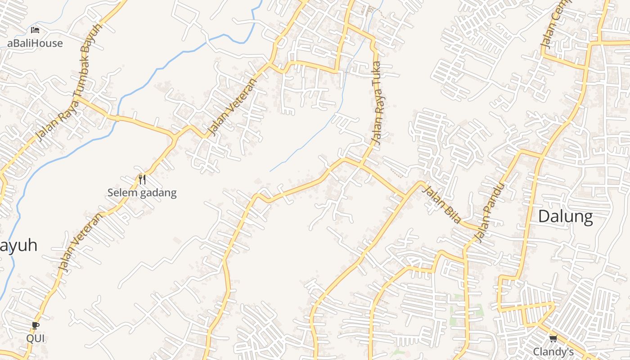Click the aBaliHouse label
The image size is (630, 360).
(x=35, y=43)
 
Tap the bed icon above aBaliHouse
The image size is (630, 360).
(x=35, y=30)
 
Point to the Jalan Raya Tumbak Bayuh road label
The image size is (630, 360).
(x=70, y=81)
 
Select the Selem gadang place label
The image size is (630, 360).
(x=142, y=193)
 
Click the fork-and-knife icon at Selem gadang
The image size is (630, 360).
(x=142, y=180)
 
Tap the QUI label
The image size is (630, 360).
(x=36, y=338)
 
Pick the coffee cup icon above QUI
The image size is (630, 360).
(x=36, y=325)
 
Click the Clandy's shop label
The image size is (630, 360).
(x=553, y=351)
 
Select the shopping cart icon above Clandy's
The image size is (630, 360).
(x=553, y=338)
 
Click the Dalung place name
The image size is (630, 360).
(x=565, y=216)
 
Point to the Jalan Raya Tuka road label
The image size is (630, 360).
(x=377, y=103)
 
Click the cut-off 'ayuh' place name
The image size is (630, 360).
(x=18, y=246)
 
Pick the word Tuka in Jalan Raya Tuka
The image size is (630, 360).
(x=376, y=73)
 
